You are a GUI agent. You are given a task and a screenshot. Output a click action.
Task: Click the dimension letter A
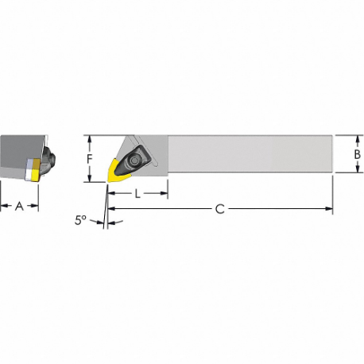click(x=19, y=206)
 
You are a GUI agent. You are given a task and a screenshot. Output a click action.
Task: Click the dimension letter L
click(x=137, y=193)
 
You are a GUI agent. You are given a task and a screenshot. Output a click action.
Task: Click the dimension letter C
click(x=220, y=209)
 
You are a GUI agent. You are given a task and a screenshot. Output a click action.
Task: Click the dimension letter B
click(x=358, y=153)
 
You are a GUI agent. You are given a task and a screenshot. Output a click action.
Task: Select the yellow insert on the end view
click(x=33, y=169)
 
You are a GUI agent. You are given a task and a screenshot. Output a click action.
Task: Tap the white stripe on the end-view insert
click(x=30, y=169)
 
